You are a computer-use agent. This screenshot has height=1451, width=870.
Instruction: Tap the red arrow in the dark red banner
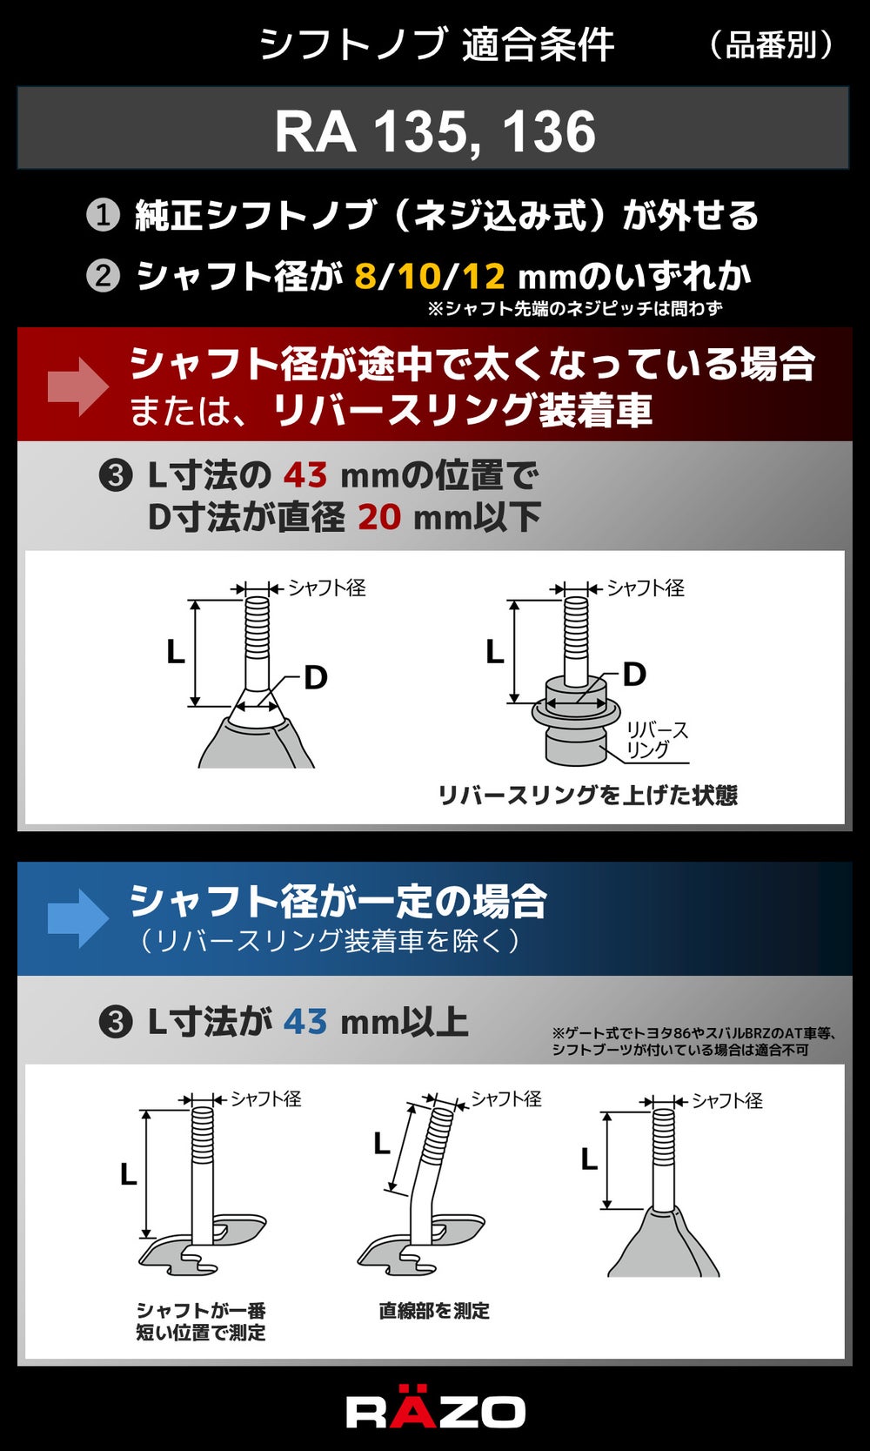point(77,386)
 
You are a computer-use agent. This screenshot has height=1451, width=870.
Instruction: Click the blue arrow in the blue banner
point(77,918)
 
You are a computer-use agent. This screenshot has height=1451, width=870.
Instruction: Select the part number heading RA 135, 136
point(435,131)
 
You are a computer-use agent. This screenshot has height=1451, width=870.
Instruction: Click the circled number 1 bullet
point(103,215)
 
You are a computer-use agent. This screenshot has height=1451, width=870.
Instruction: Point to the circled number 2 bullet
point(103,277)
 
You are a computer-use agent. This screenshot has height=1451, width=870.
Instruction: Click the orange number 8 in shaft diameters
point(366,277)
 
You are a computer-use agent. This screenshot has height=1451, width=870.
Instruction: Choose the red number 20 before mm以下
point(379,517)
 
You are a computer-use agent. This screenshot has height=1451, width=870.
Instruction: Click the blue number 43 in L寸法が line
point(304,1022)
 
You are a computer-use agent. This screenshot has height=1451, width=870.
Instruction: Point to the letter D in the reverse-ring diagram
point(634,675)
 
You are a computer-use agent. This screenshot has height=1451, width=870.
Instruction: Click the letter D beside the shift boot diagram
point(315,678)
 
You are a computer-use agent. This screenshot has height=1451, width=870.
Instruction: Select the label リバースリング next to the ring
point(656,740)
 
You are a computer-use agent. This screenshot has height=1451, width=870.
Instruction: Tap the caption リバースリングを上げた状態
point(588,796)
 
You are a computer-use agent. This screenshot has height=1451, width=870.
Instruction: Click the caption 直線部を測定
point(434,1311)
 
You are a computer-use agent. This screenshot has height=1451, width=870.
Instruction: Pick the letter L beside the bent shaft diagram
point(382,1145)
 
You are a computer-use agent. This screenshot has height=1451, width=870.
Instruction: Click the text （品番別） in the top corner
point(770,45)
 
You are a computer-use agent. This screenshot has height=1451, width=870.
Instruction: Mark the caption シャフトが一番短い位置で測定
point(201,1321)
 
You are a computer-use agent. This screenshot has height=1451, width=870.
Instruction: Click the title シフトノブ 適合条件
point(436,45)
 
